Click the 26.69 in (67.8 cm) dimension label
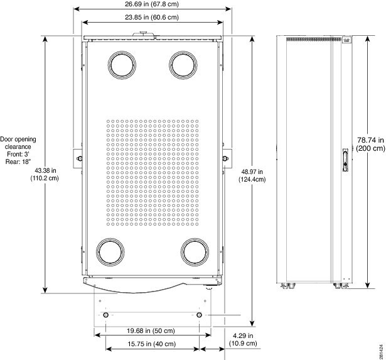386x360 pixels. point(151,4)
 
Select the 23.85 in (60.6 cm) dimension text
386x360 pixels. point(151,18)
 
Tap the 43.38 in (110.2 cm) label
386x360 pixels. point(45,174)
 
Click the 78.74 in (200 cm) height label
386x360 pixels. point(370,145)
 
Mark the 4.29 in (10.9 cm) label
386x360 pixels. point(241,340)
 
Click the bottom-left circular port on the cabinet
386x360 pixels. point(110,251)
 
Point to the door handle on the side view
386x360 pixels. point(345,160)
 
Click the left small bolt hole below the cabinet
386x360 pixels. point(105,314)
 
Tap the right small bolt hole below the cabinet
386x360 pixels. point(200,314)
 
